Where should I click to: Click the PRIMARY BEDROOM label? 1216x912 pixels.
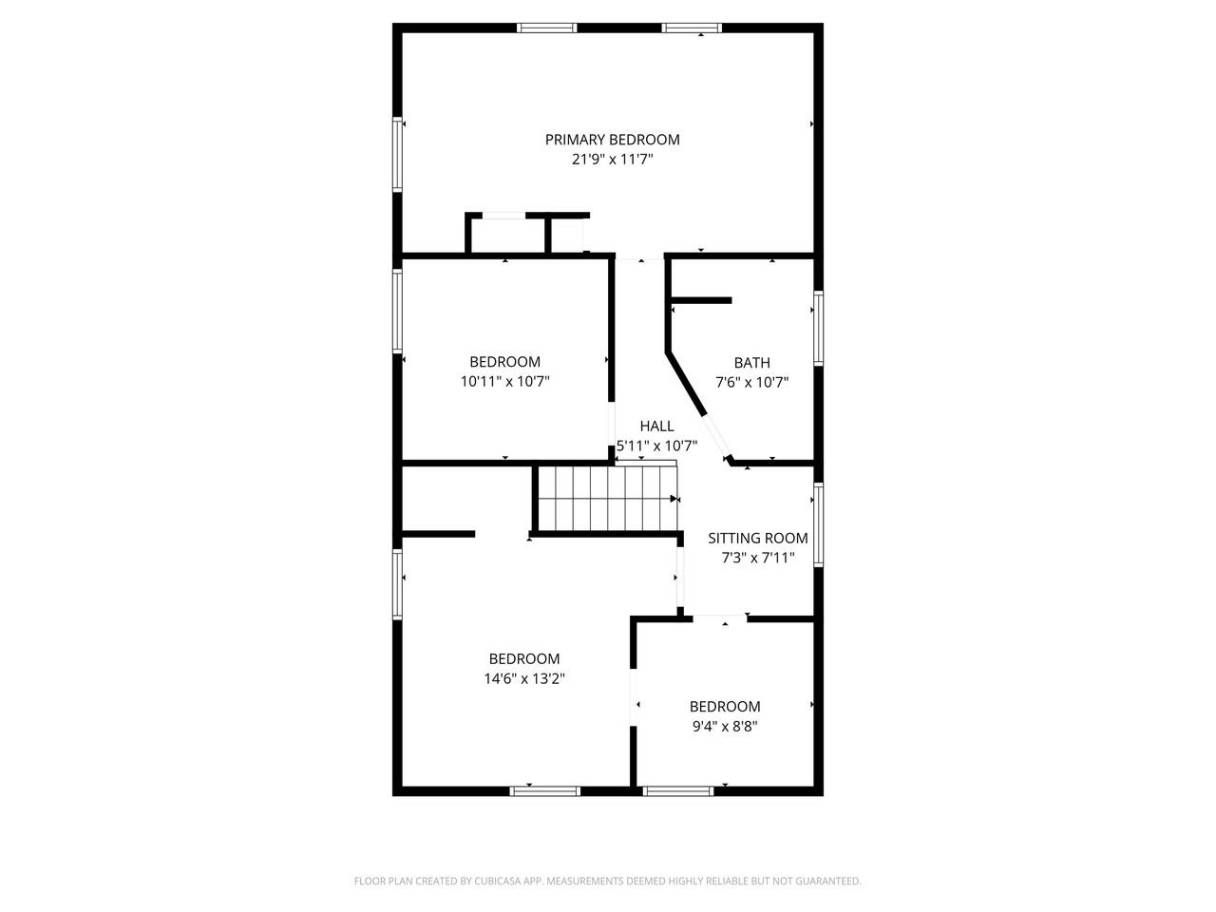(x=612, y=140)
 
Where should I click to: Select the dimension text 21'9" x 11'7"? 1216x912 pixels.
(x=612, y=160)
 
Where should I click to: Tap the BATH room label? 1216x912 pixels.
(x=751, y=363)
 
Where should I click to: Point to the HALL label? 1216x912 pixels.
(x=657, y=426)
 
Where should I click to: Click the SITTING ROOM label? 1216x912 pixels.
(x=758, y=538)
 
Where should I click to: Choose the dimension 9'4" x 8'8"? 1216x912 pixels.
(x=725, y=726)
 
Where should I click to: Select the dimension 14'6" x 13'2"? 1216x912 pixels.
(x=524, y=678)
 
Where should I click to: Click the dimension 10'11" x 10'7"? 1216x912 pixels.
(x=504, y=382)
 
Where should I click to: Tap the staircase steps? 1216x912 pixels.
(x=608, y=499)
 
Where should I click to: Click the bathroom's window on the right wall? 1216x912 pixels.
(x=818, y=328)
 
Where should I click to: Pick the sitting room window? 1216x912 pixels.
(x=818, y=524)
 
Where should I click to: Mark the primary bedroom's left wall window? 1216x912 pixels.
(x=397, y=155)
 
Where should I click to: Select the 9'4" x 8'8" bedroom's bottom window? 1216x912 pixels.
(x=678, y=791)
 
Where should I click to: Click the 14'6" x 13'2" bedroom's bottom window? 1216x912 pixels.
(x=545, y=791)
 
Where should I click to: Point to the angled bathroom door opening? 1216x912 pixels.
(x=715, y=436)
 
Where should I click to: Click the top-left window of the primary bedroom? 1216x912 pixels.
(x=547, y=28)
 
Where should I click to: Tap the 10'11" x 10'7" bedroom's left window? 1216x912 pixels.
(x=397, y=311)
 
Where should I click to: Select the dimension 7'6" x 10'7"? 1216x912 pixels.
(x=751, y=382)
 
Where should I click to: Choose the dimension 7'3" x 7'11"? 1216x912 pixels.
(x=758, y=557)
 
